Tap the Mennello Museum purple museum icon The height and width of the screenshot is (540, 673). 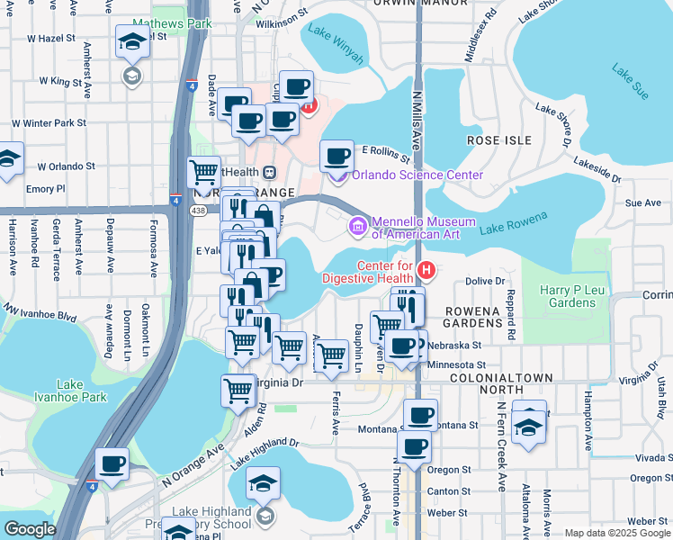pyautogui.click(x=357, y=225)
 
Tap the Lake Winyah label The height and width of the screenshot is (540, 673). pyautogui.click(x=336, y=46)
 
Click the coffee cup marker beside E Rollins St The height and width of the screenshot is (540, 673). pyautogui.click(x=336, y=156)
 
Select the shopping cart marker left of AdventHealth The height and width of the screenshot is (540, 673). pyautogui.click(x=204, y=170)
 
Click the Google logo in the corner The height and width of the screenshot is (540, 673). pyautogui.click(x=31, y=528)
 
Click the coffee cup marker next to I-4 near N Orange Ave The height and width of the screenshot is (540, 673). pyautogui.click(x=112, y=463)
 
